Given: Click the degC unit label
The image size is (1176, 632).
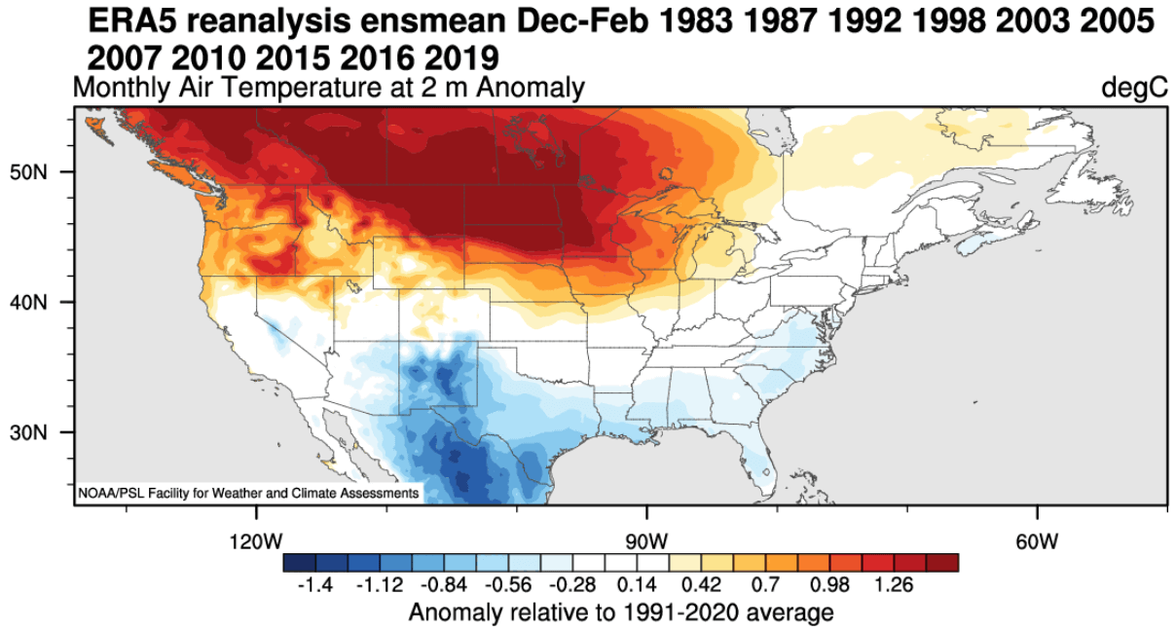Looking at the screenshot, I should [x=1134, y=89].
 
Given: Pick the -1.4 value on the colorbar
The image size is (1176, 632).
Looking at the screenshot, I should [x=314, y=585].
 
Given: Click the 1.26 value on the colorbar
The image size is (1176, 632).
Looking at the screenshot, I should [x=895, y=585].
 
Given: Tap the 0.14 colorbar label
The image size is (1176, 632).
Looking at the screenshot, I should [x=637, y=585].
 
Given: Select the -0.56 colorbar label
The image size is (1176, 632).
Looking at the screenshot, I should [x=508, y=585].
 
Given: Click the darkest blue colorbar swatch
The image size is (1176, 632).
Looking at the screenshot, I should [x=299, y=563].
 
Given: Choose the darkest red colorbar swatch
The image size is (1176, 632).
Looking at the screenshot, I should [x=942, y=563].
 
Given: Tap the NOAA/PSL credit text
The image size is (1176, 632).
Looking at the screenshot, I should [x=248, y=494].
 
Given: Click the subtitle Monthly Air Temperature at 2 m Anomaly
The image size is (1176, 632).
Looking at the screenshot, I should [x=329, y=89].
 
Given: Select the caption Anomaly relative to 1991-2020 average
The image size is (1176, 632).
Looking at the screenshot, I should [x=621, y=613].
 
